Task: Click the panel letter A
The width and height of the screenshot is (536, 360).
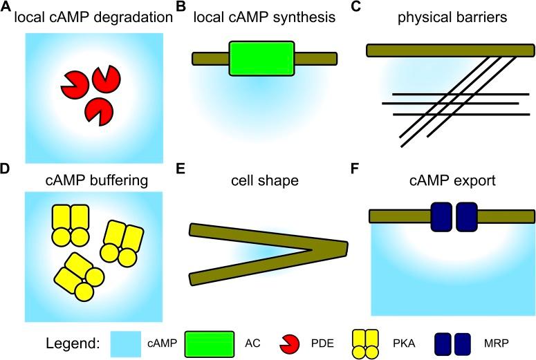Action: click(x=7, y=8)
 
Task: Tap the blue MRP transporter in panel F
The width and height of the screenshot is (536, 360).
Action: click(x=454, y=216)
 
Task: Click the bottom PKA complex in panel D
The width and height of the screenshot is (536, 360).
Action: click(x=77, y=276)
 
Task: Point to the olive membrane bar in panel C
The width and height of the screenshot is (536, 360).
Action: click(x=450, y=50)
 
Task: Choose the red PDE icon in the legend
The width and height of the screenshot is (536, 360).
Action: click(x=288, y=342)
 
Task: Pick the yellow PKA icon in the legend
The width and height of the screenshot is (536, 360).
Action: click(x=365, y=342)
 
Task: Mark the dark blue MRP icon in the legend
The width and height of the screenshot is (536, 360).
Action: click(x=453, y=342)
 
